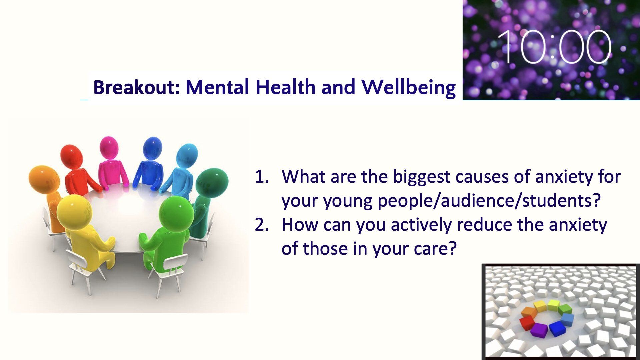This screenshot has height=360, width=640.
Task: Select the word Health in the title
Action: tap(286, 87)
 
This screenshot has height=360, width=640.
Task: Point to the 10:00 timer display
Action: tap(554, 47)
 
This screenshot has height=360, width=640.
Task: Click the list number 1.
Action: tap(261, 177)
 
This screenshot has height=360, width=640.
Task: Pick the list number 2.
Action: tap(261, 225)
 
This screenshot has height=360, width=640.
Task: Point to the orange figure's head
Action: tap(44, 179)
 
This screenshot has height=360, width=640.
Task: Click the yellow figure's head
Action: tap(74, 212)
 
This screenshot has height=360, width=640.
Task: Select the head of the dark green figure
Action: tap(212, 183)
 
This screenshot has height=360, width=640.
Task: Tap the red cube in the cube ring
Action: tap(527, 322)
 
